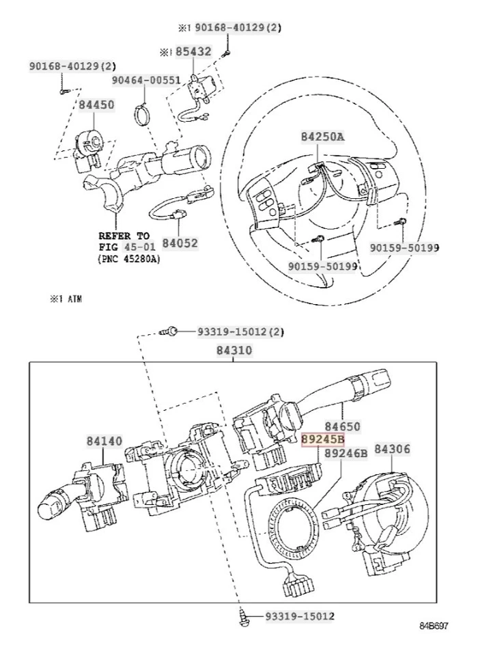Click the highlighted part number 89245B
click(323, 440)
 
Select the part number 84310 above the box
click(234, 351)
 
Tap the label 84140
click(104, 441)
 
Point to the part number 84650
click(341, 425)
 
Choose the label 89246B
click(346, 453)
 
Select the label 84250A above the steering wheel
click(322, 137)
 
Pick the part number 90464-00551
click(146, 80)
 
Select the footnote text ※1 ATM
click(65, 299)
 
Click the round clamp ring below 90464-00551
click(144, 113)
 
